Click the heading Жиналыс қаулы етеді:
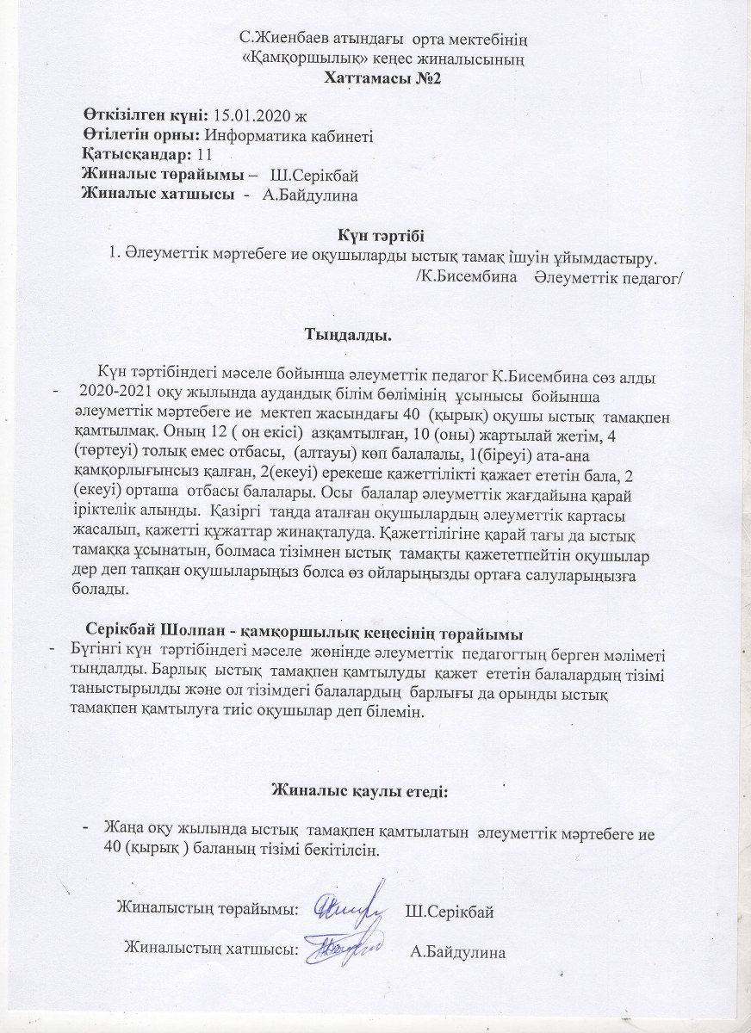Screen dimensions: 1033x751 360,789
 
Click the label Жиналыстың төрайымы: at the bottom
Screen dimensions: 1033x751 207,908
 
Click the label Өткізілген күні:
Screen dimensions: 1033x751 144,115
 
